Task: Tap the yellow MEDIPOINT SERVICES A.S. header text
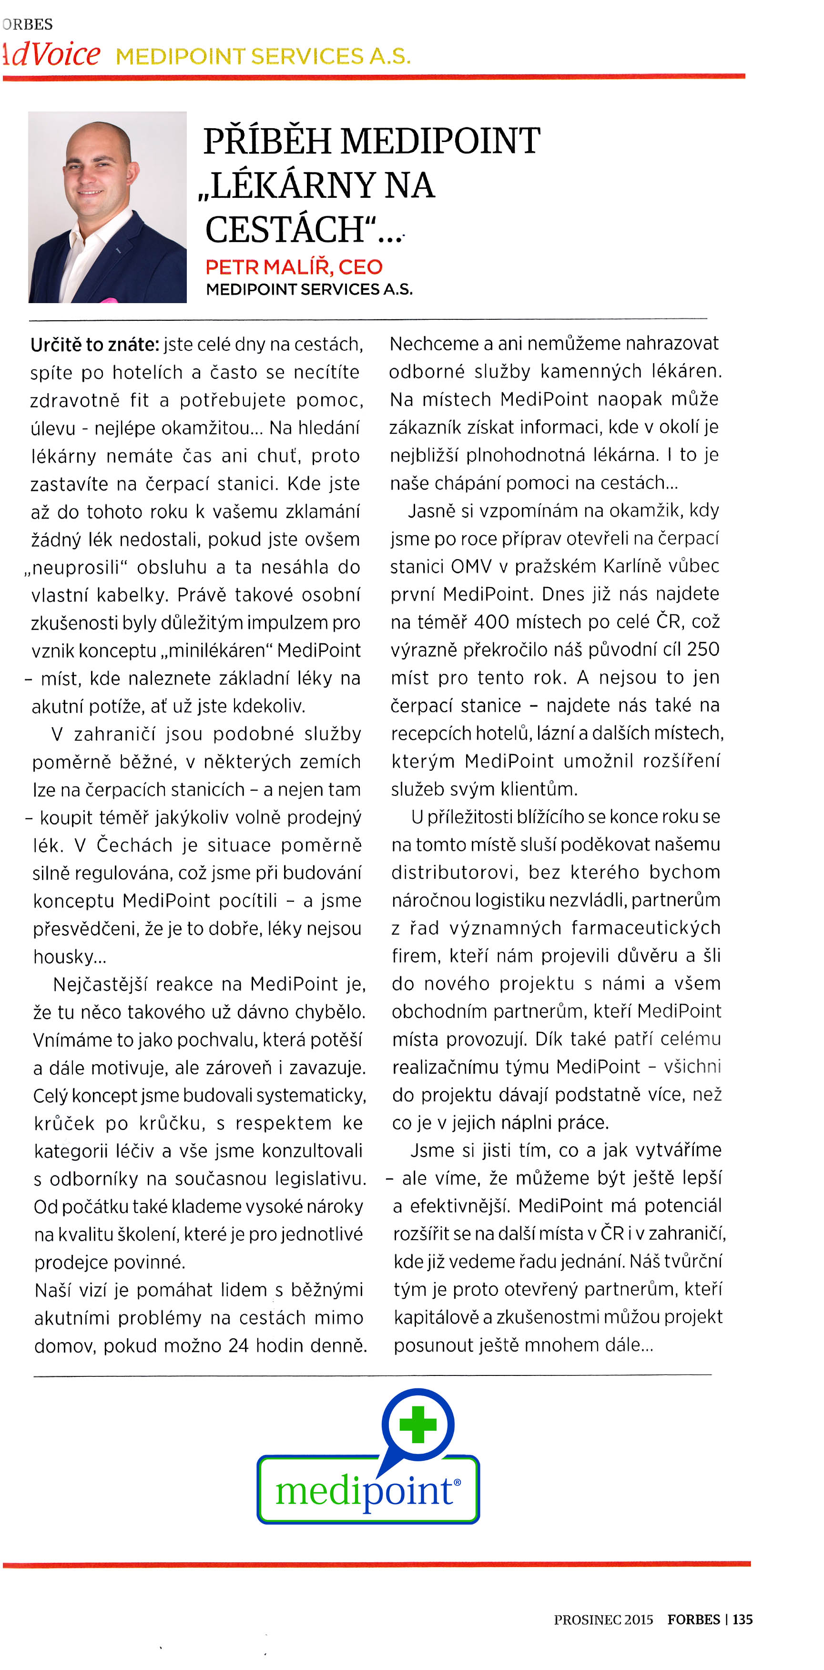pos(263,56)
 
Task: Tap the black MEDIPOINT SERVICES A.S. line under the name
pos(309,289)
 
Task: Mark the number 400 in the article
pos(495,621)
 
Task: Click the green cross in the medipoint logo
pos(417,1424)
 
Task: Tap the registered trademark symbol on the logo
pos(457,1482)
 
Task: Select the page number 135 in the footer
pos(743,1619)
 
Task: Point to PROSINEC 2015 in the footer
pos(603,1619)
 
